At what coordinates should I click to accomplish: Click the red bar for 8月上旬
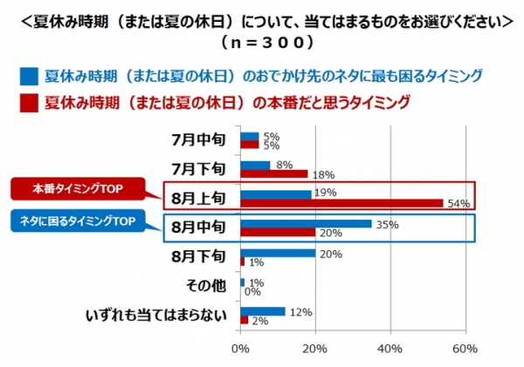[341, 203]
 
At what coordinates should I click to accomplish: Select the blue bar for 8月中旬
[306, 223]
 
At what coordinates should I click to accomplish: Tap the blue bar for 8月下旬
[278, 253]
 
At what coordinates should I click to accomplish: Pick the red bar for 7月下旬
[273, 173]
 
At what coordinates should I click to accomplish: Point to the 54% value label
[459, 204]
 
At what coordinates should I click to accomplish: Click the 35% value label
[387, 224]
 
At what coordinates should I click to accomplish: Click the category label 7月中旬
[200, 139]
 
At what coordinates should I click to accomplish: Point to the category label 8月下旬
[200, 257]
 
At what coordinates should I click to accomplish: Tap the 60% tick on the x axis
[465, 350]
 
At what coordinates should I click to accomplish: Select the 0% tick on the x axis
[240, 350]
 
